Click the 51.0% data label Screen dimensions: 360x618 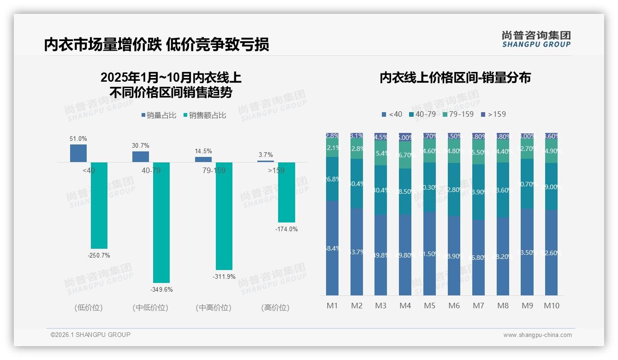coord(78,138)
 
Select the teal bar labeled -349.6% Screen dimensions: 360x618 coord(161,222)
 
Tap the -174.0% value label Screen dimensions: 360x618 coord(286,229)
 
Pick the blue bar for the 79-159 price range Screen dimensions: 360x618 coord(203,159)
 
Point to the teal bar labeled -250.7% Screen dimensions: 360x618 coord(99,205)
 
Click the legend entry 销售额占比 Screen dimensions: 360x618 coord(205,115)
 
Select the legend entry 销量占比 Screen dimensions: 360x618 coord(159,115)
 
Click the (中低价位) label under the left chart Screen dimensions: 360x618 coord(150,307)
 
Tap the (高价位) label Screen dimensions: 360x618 coord(275,307)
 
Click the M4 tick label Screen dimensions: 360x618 coord(405,306)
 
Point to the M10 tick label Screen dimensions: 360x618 coord(551,306)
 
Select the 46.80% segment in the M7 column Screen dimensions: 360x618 coord(478,257)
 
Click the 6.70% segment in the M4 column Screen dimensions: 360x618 coord(405,155)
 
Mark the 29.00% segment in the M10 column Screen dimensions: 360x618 coord(551,186)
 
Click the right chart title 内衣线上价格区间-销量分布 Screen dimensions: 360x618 coord(455,78)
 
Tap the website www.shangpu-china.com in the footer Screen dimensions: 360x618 coord(537,335)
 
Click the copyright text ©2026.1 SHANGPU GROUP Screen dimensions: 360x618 coord(90,335)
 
